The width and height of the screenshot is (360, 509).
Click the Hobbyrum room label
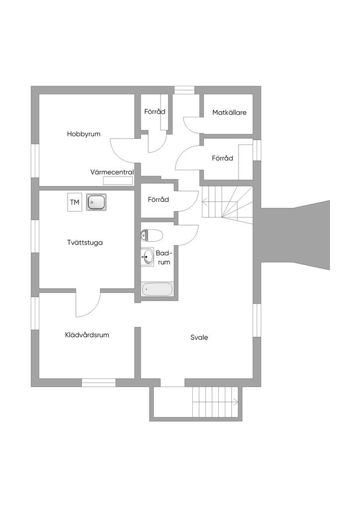click(84, 134)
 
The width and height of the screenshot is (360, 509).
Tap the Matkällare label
click(229, 112)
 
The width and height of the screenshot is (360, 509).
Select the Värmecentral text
click(112, 172)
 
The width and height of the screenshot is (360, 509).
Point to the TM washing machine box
click(75, 202)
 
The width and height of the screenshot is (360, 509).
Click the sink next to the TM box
click(96, 202)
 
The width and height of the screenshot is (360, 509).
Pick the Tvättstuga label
click(85, 243)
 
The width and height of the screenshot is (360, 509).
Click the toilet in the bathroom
click(152, 235)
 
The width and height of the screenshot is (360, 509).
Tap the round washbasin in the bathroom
click(148, 257)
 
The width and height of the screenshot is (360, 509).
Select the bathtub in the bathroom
click(157, 289)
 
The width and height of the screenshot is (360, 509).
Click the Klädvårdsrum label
click(87, 335)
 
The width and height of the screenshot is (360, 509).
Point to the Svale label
click(199, 338)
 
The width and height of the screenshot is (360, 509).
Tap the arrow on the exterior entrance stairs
click(238, 401)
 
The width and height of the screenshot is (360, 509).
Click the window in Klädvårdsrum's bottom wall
click(98, 382)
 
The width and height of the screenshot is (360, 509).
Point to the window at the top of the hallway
click(184, 90)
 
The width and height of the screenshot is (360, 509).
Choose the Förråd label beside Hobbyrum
click(155, 112)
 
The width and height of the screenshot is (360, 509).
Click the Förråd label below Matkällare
click(222, 159)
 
